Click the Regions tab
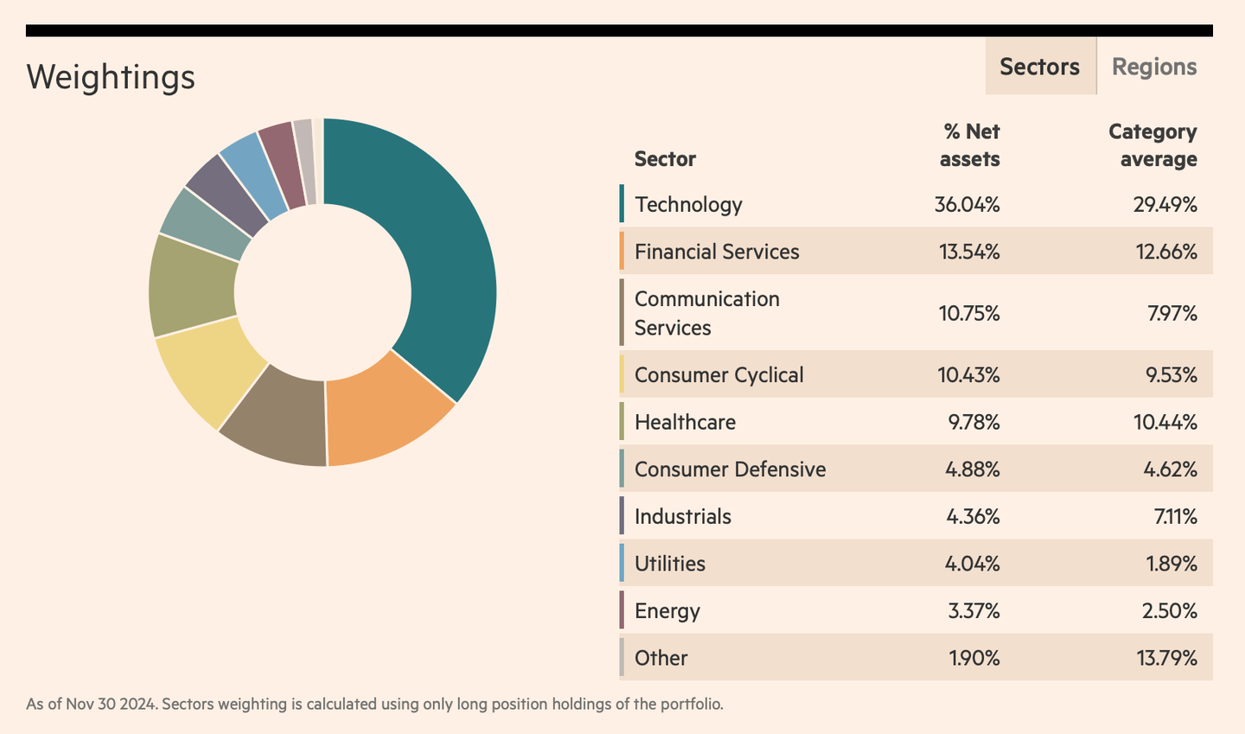[x=1153, y=67]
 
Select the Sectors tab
[x=1039, y=67]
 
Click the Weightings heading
[x=111, y=77]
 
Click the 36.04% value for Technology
[x=967, y=205]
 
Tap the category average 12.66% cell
[x=1166, y=252]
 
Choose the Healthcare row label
[x=685, y=422]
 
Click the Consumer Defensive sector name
[x=730, y=469]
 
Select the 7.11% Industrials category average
[x=1174, y=517]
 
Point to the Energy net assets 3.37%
[x=974, y=611]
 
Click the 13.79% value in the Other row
[x=1166, y=658]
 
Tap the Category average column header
[x=1152, y=145]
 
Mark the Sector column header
[x=665, y=159]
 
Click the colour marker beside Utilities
[x=622, y=563]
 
